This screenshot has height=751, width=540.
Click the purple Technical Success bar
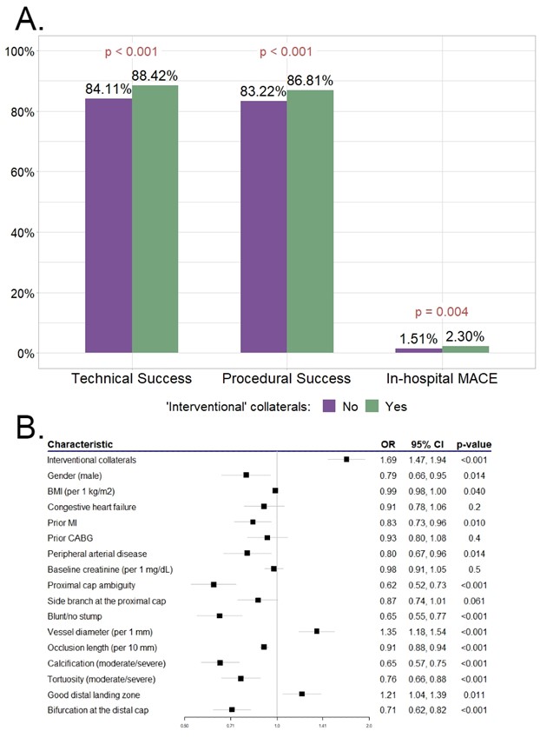click(x=109, y=226)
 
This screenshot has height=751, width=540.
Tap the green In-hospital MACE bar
click(x=465, y=349)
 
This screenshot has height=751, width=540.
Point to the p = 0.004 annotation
click(x=443, y=313)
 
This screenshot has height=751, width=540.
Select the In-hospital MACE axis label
click(x=442, y=378)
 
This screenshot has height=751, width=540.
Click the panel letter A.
click(x=29, y=17)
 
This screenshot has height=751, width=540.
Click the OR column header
click(x=387, y=445)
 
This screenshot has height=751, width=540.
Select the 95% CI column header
click(x=428, y=445)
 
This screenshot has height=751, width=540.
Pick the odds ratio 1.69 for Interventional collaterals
click(x=387, y=459)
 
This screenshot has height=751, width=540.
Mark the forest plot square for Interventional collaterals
click(x=346, y=459)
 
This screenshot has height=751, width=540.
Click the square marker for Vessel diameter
click(x=317, y=631)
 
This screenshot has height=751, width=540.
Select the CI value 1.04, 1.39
click(x=428, y=694)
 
